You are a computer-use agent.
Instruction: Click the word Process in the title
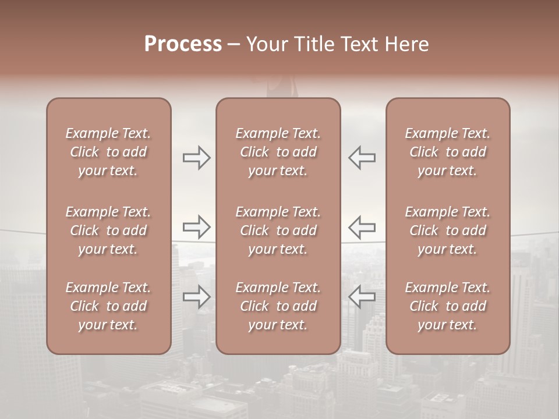(183, 44)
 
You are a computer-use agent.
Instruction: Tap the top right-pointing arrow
(196, 157)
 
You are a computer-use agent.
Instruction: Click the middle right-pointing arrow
(196, 227)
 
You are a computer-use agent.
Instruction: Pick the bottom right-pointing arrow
(196, 297)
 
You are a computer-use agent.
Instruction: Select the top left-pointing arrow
(362, 157)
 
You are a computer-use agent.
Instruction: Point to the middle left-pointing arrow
(362, 227)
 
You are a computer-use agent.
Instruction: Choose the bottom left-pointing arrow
(362, 297)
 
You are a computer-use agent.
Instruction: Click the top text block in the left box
(108, 152)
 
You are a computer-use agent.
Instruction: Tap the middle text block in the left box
(108, 230)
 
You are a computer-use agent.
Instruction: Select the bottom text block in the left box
(108, 306)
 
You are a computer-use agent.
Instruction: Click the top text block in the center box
(278, 152)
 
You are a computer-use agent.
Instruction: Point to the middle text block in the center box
(278, 230)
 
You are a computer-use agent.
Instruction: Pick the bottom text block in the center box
(278, 306)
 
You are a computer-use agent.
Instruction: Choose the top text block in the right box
(447, 152)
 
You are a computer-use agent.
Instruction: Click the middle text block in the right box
(447, 230)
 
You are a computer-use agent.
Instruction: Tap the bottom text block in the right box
(447, 306)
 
